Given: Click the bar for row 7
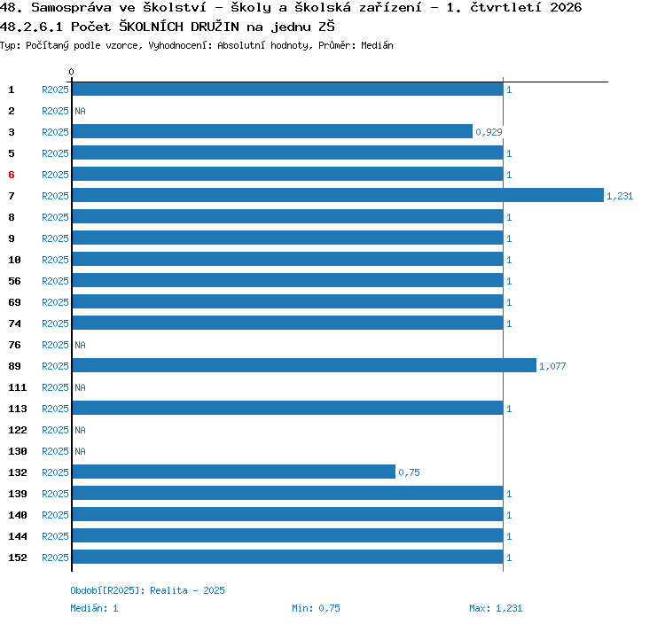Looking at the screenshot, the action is tap(338, 195).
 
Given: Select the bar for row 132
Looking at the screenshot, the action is tap(234, 472).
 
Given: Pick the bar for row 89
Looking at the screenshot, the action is tap(304, 365).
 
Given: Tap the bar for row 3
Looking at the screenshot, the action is tap(272, 131).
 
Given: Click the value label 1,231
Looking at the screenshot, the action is tap(620, 196).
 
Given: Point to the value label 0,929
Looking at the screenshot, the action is tap(489, 132).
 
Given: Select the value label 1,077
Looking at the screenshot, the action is tap(552, 366).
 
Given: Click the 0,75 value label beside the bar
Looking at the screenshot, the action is tap(409, 472).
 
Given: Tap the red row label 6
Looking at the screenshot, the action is tap(12, 175).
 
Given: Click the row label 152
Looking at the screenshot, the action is tap(18, 558).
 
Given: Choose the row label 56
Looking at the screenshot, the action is tap(14, 281).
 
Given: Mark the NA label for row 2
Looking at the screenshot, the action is tap(80, 111).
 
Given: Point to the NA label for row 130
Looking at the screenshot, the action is tap(80, 451).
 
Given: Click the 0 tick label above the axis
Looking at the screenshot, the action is tap(71, 72).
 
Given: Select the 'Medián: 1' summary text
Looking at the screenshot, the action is tap(94, 608).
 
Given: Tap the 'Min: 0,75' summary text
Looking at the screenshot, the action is tap(316, 608).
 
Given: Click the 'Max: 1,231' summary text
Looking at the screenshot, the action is tap(496, 608).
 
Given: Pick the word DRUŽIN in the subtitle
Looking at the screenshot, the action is tap(215, 27).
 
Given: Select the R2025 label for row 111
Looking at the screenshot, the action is tap(55, 387).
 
